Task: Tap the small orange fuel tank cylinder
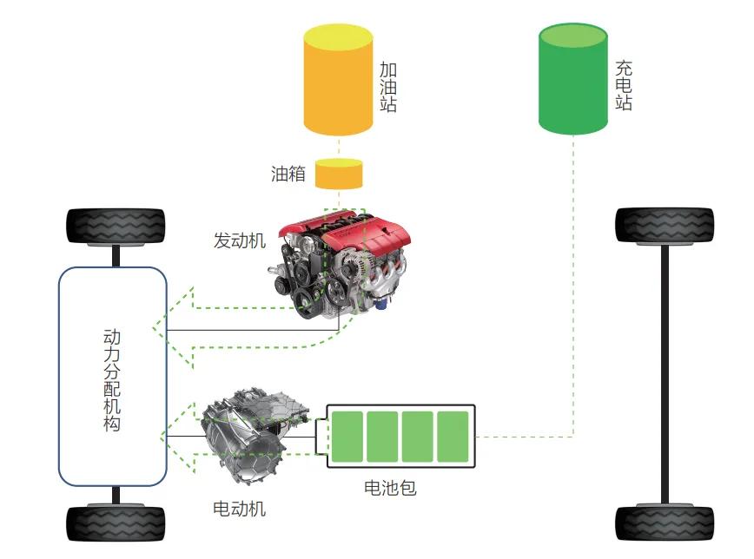pyautogui.click(x=338, y=174)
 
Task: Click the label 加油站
pyautogui.click(x=389, y=87)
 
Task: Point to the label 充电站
pyautogui.click(x=623, y=85)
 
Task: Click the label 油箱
pyautogui.click(x=288, y=174)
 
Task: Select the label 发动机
pyautogui.click(x=239, y=240)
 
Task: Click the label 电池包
pyautogui.click(x=390, y=488)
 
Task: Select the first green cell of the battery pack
pyautogui.click(x=347, y=437)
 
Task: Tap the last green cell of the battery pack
pyautogui.click(x=453, y=437)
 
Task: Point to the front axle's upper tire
pyautogui.click(x=116, y=227)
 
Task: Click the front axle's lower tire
pyautogui.click(x=116, y=523)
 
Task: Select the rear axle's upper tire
pyautogui.click(x=665, y=225)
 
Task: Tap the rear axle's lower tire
pyautogui.click(x=665, y=523)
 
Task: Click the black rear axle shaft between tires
pyautogui.click(x=665, y=373)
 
